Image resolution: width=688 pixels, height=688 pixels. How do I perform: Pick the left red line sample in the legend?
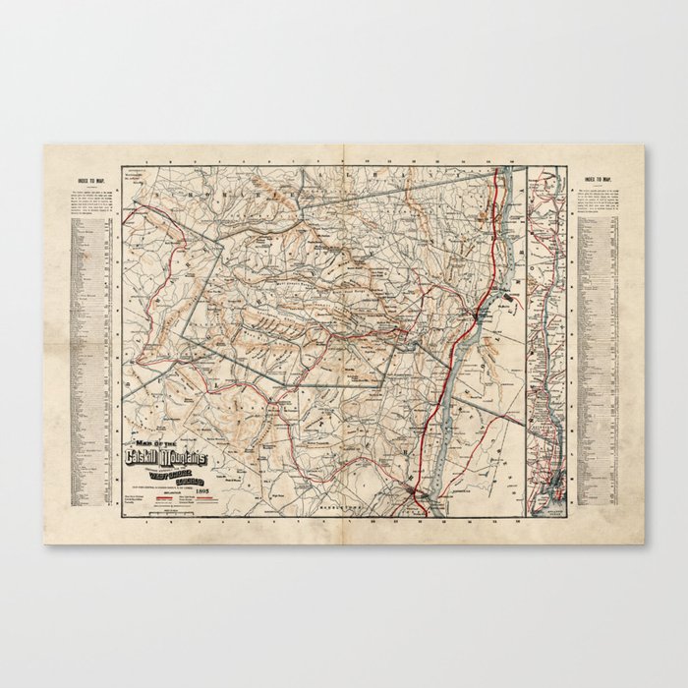coord(164,497)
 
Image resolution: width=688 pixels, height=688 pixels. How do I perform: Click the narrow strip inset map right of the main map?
coord(545,334)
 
